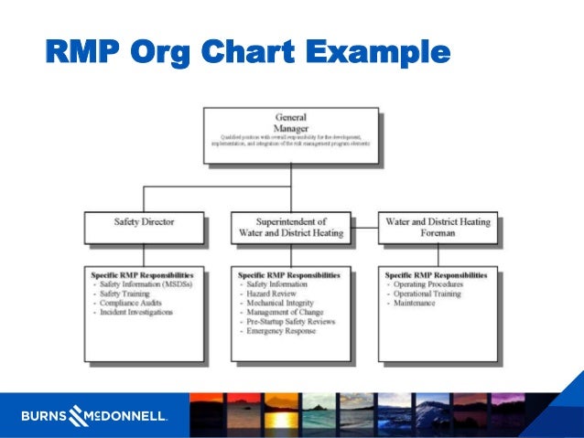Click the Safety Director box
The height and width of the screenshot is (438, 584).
(x=144, y=226)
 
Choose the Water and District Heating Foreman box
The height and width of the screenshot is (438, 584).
(x=437, y=226)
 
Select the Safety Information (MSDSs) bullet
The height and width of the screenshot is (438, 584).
(x=146, y=285)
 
